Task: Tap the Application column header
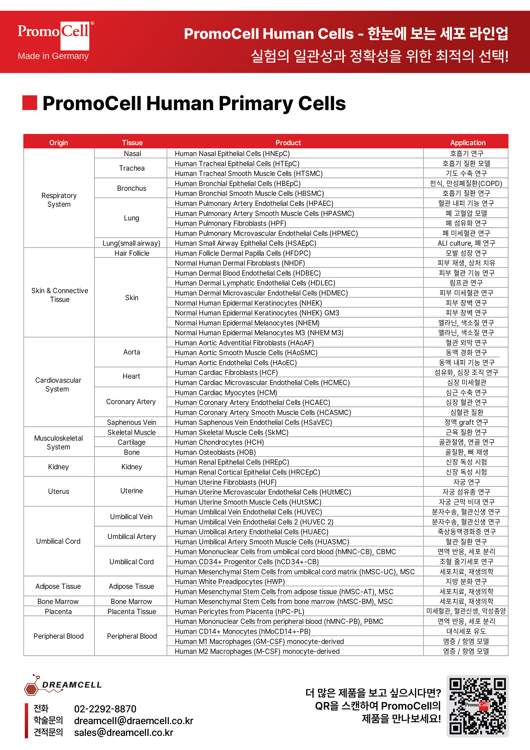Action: click(467, 142)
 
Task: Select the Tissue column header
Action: click(132, 142)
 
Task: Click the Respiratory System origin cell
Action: click(59, 200)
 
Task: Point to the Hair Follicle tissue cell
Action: click(132, 253)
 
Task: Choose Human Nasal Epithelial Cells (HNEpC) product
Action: click(232, 154)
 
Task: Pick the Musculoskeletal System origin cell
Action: click(59, 442)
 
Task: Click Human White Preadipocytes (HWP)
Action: click(230, 582)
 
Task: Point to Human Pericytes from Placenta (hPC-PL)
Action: click(239, 611)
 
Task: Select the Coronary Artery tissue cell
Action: click(131, 402)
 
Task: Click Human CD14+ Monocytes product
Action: click(242, 631)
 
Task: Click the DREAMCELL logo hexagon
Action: click(31, 689)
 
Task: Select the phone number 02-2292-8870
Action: click(105, 709)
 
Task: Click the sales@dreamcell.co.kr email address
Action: click(124, 732)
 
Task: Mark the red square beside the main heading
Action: click(29, 103)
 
